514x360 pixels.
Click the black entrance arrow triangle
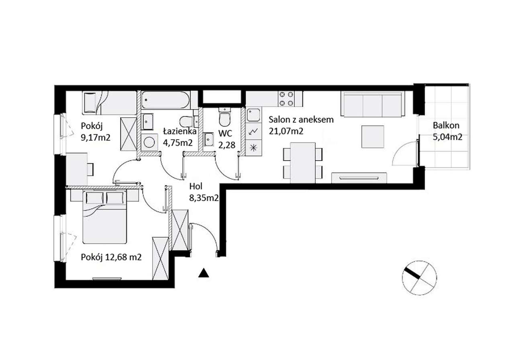[204, 273]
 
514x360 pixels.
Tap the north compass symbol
[419, 278]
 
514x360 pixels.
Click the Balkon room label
[446, 126]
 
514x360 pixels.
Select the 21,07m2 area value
[286, 131]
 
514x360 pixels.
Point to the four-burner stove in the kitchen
[286, 99]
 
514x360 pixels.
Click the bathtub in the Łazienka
[165, 100]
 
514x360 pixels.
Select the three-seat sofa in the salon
[373, 104]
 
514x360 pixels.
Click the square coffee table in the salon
[373, 137]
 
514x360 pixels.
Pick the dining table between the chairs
[303, 163]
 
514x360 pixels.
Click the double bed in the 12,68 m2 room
[105, 217]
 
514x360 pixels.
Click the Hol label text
[196, 186]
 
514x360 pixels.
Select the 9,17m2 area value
[96, 138]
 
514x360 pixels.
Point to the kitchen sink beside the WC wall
[253, 115]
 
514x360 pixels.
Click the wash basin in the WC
[209, 139]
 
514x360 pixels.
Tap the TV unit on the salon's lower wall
[359, 178]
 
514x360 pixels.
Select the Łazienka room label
[179, 131]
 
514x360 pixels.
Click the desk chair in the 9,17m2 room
[91, 169]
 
